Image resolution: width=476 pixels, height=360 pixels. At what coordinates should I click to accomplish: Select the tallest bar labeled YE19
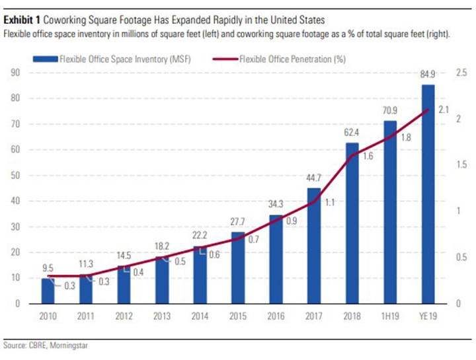point(428,194)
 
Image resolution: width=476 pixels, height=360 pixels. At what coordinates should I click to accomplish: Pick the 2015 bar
point(238,268)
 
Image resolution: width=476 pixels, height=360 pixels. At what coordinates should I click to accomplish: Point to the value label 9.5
point(48,269)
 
